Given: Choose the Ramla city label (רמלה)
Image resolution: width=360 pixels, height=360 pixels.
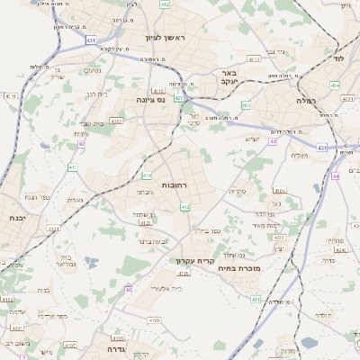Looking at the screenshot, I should (x=330, y=102).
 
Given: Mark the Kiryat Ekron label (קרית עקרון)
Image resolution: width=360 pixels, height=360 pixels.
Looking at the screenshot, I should (x=194, y=261).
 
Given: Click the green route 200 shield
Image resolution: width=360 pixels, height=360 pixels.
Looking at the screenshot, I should (x=247, y=105).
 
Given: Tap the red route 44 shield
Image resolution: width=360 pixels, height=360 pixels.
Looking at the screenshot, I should (x=334, y=176).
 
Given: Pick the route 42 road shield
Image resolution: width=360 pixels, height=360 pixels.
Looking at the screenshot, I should (x=81, y=143).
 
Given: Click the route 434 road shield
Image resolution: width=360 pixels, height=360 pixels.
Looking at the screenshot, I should (x=334, y=85).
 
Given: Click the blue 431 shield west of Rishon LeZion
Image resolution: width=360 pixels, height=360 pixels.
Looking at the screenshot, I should (x=92, y=40).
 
